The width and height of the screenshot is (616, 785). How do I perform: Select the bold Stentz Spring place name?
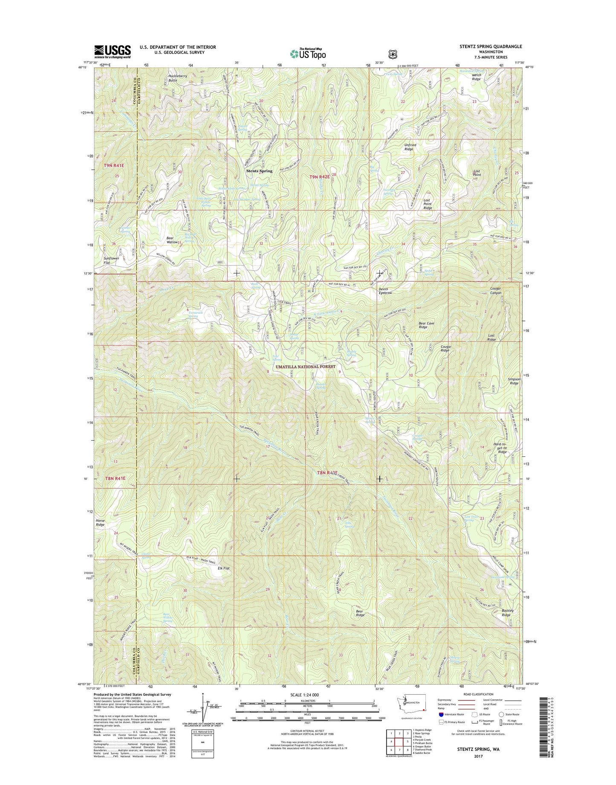click(259, 171)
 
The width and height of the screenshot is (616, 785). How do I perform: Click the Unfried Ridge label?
click(410, 147)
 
